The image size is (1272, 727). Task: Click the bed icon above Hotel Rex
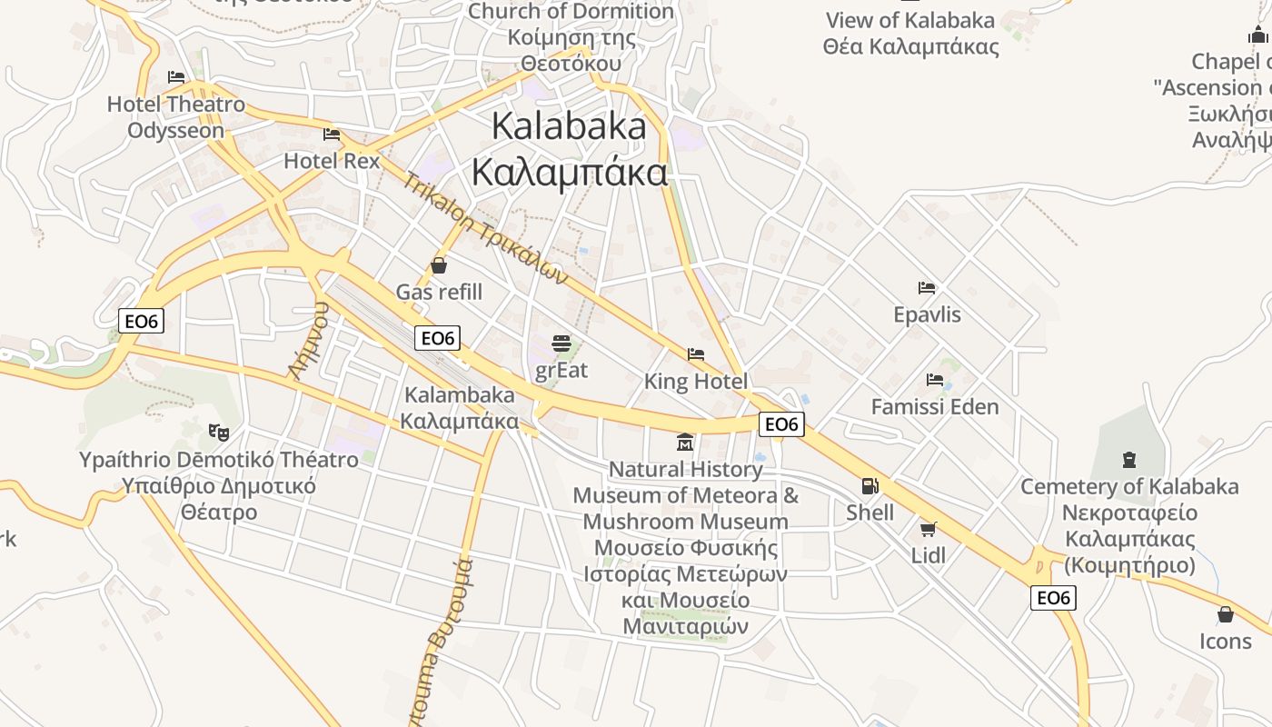pos(332,134)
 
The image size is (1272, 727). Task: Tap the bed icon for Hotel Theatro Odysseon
pos(176,77)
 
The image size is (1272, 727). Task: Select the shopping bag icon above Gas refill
pos(439,265)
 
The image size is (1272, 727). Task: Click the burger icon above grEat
pos(561,344)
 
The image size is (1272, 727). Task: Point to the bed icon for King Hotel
pos(696,354)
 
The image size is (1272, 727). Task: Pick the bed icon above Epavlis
pos(927,288)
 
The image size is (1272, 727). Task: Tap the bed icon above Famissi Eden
pos(935,379)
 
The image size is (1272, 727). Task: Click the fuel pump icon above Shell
pos(870,486)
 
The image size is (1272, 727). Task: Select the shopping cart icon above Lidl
pos(928,529)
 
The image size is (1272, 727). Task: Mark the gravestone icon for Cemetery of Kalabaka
pos(1129,460)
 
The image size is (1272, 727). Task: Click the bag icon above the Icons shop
pos(1226,614)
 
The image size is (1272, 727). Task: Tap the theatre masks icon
pos(218,432)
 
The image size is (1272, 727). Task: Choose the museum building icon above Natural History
pos(685,443)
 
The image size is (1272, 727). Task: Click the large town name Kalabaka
pos(569,125)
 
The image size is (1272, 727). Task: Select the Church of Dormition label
pos(571,12)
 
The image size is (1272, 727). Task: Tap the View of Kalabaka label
pos(910,20)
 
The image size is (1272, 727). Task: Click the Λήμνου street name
pos(307,340)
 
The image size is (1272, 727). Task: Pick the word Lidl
pos(929,555)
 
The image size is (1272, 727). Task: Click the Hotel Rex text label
pos(332,161)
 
